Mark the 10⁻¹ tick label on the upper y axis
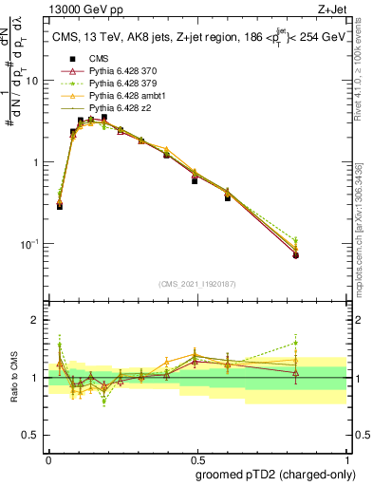[x=31, y=244]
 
